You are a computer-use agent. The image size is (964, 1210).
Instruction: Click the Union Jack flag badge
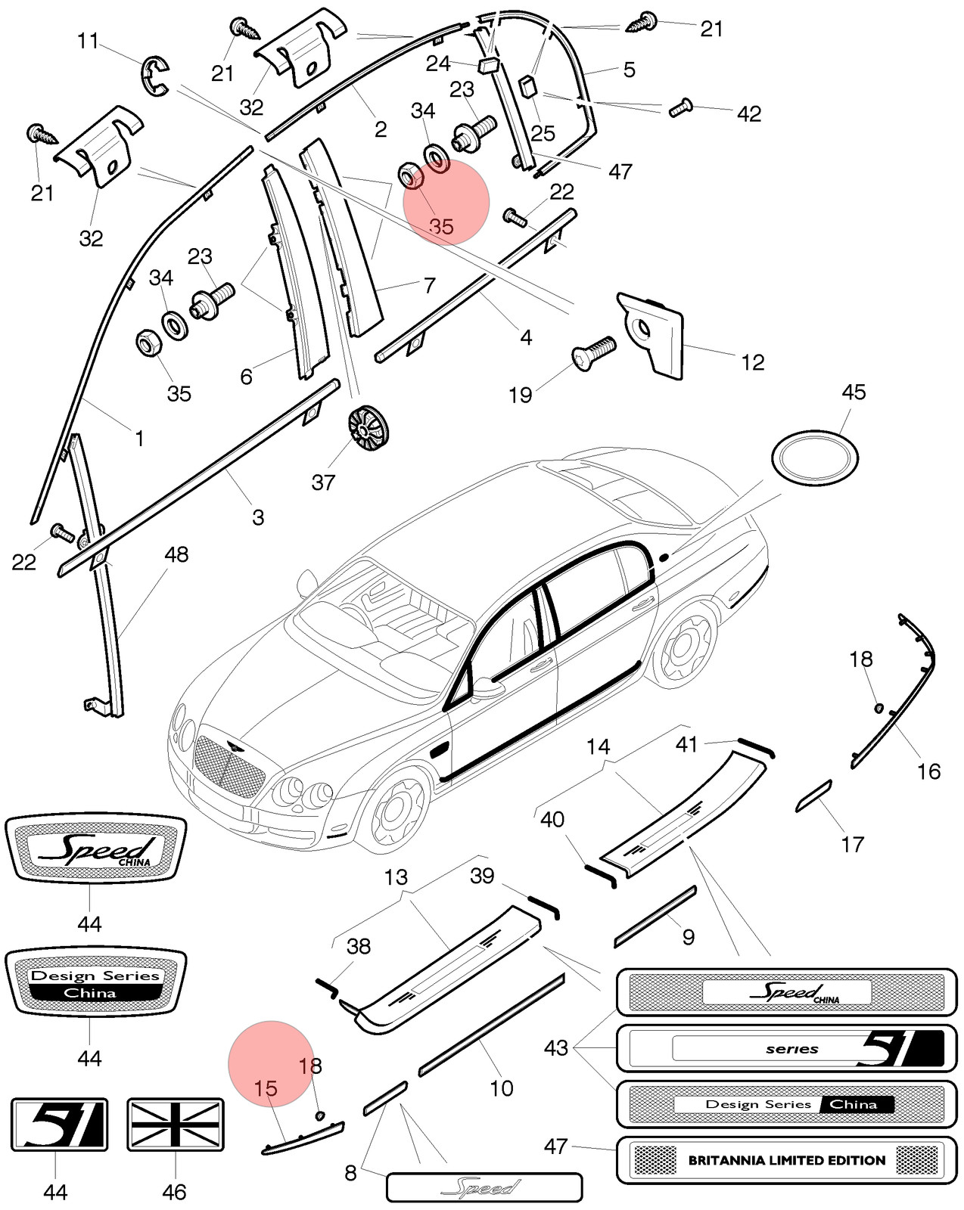tap(175, 1125)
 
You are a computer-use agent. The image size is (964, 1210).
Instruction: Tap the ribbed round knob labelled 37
tap(368, 427)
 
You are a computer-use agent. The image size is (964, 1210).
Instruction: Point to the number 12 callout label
tap(753, 362)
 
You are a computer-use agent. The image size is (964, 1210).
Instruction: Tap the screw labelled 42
tap(679, 107)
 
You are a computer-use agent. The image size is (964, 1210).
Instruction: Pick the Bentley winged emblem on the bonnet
tap(232, 746)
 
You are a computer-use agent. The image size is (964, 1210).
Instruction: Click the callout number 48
tap(176, 555)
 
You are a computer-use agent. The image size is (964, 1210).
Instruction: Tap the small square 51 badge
tap(59, 1125)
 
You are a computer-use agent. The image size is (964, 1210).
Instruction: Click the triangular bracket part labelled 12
tap(653, 336)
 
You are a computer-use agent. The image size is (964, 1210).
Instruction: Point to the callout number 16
tap(929, 771)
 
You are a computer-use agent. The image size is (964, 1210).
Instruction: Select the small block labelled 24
tap(490, 65)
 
